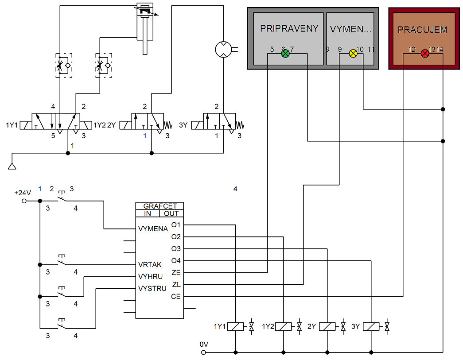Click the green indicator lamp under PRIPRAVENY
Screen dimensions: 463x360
click(x=285, y=54)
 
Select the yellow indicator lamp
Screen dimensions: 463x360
click(x=353, y=54)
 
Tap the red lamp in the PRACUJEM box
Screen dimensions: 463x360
click(x=425, y=54)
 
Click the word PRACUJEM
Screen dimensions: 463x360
click(x=422, y=30)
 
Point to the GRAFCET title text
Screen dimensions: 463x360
click(x=160, y=206)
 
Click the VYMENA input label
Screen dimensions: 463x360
click(x=153, y=228)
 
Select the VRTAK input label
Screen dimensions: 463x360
click(x=150, y=264)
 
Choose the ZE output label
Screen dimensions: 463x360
click(x=176, y=272)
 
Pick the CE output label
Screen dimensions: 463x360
click(x=176, y=296)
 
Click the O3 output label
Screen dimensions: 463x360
click(x=176, y=249)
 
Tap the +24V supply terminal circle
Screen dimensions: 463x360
click(x=24, y=201)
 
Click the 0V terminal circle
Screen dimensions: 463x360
click(x=203, y=352)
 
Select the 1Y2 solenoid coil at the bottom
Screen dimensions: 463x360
click(x=283, y=327)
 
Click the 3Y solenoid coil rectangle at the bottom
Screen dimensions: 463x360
click(x=371, y=327)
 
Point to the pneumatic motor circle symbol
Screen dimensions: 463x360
click(x=224, y=49)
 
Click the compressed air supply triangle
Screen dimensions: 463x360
click(x=12, y=166)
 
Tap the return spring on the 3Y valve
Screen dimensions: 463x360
click(x=239, y=125)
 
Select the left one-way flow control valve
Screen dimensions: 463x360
click(x=64, y=66)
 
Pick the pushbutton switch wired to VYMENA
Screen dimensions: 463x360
click(x=62, y=197)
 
